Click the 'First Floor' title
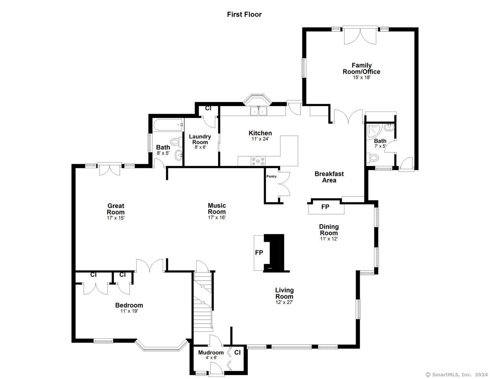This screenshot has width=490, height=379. click(x=244, y=15)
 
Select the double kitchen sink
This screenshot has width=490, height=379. click(x=258, y=111)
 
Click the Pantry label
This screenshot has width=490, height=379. click(x=271, y=176)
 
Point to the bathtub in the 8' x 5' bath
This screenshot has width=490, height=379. click(x=168, y=125)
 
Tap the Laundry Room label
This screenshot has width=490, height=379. click(x=200, y=139)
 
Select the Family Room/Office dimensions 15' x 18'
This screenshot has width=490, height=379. click(x=362, y=77)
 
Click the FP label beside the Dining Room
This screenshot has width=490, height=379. click(x=325, y=207)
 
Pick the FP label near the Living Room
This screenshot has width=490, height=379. click(x=259, y=253)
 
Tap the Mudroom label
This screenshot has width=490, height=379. click(x=211, y=352)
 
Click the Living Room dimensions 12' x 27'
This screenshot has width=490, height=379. click(x=284, y=302)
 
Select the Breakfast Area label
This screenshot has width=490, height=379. click(x=329, y=177)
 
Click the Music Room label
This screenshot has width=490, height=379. click(x=217, y=208)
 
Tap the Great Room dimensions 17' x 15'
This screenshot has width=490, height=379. click(x=116, y=218)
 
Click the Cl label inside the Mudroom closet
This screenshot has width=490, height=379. click(x=237, y=352)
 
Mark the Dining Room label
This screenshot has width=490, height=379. click(x=329, y=230)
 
